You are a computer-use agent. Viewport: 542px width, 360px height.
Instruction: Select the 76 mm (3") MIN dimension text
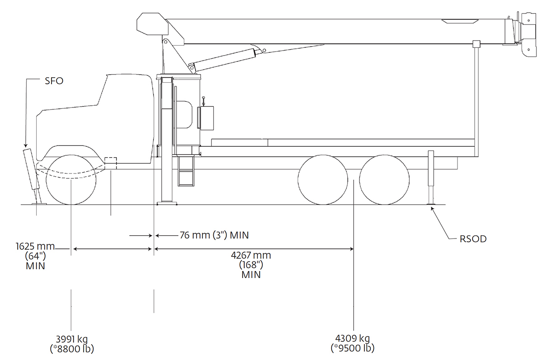[x=214, y=235]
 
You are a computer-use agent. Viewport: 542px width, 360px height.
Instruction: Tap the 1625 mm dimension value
[x=35, y=247]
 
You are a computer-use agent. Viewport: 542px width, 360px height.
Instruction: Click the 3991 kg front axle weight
[x=71, y=339]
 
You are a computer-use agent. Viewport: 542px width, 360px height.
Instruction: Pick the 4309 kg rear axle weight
[x=352, y=338]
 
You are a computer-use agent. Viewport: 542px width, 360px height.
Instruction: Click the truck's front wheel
[x=71, y=180]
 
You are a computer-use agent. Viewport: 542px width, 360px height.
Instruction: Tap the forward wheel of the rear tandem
[x=322, y=180]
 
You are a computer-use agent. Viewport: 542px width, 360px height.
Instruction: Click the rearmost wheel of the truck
[x=385, y=180]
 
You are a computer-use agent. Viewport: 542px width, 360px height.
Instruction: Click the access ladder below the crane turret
[x=186, y=172]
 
